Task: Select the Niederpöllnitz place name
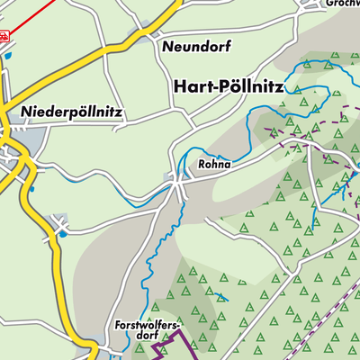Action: point(73,113)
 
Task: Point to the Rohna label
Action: point(213,166)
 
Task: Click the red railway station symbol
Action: point(4,37)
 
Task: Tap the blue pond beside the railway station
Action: point(8,56)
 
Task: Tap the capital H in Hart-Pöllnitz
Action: point(176,85)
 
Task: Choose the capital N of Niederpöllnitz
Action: point(25,113)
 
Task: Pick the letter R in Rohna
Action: point(201,166)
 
